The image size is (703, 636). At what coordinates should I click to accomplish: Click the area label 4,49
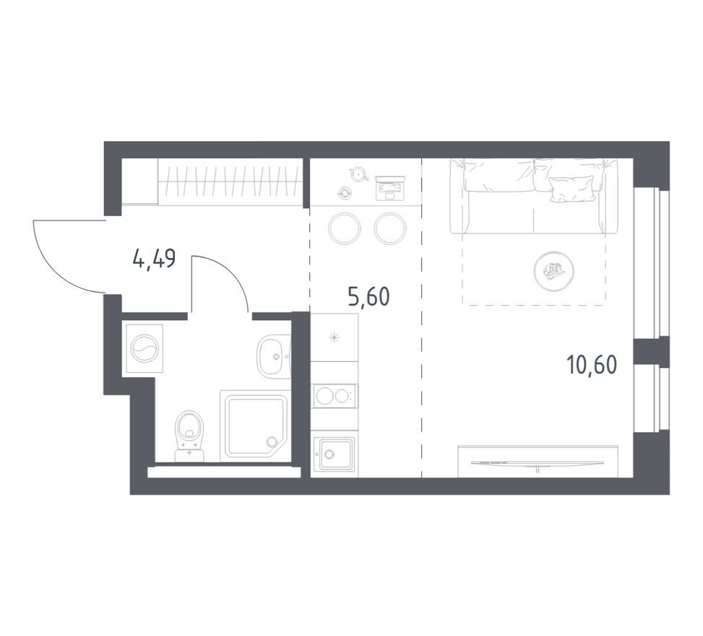point(154,258)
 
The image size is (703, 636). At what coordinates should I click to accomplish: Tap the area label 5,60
point(373,297)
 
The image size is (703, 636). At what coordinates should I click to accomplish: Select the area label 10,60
point(592,365)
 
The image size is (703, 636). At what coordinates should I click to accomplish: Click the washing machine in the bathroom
point(144,348)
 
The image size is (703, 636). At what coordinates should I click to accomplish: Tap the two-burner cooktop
point(334,395)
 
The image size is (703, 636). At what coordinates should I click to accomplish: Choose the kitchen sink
point(334,454)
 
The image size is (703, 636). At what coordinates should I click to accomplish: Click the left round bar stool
point(344,228)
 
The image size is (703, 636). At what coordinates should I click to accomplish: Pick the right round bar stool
point(389,228)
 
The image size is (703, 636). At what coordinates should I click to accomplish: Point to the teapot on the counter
point(356,173)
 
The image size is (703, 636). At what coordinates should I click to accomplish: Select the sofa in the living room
point(534,196)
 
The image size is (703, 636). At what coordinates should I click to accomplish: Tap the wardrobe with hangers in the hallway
point(229,181)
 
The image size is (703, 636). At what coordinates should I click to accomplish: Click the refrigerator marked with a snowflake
point(334,338)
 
